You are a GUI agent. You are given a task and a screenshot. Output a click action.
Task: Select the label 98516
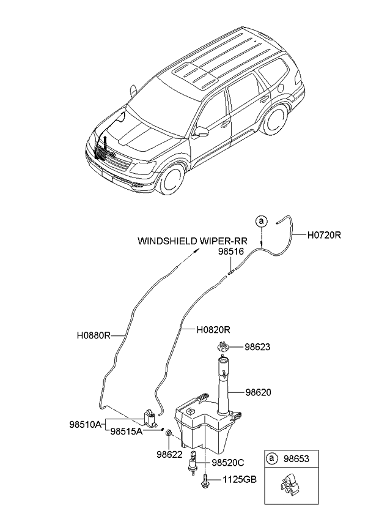230,251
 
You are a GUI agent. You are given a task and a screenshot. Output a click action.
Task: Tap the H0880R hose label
93,335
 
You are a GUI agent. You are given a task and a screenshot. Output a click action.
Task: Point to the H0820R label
213,329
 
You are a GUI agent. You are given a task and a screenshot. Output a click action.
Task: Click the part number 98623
259,347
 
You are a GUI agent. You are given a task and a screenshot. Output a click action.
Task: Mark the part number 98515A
127,431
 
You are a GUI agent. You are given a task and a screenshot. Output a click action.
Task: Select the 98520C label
228,463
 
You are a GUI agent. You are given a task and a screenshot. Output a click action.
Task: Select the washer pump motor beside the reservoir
149,419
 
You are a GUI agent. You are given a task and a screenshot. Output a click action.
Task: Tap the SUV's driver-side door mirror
201,130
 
